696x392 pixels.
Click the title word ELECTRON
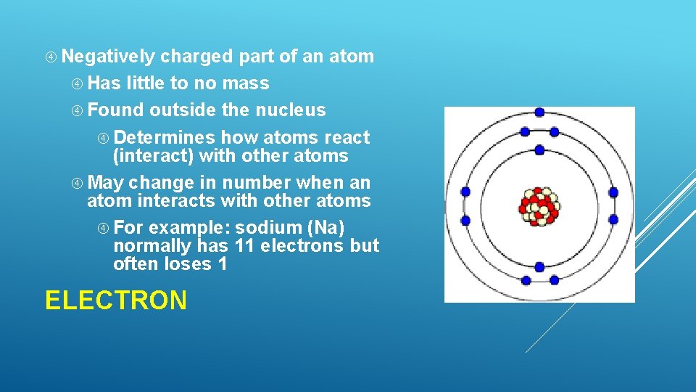[116, 300]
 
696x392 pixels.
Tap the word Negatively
[109, 57]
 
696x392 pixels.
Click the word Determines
[165, 137]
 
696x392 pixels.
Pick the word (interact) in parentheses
[153, 156]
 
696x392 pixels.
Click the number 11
[245, 246]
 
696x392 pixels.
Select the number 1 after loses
[222, 265]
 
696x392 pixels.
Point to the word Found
[116, 110]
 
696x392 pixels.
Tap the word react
[347, 137]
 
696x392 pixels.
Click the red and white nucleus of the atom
[539, 206]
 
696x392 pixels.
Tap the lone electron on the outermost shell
[539, 112]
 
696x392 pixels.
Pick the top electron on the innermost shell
[539, 150]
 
